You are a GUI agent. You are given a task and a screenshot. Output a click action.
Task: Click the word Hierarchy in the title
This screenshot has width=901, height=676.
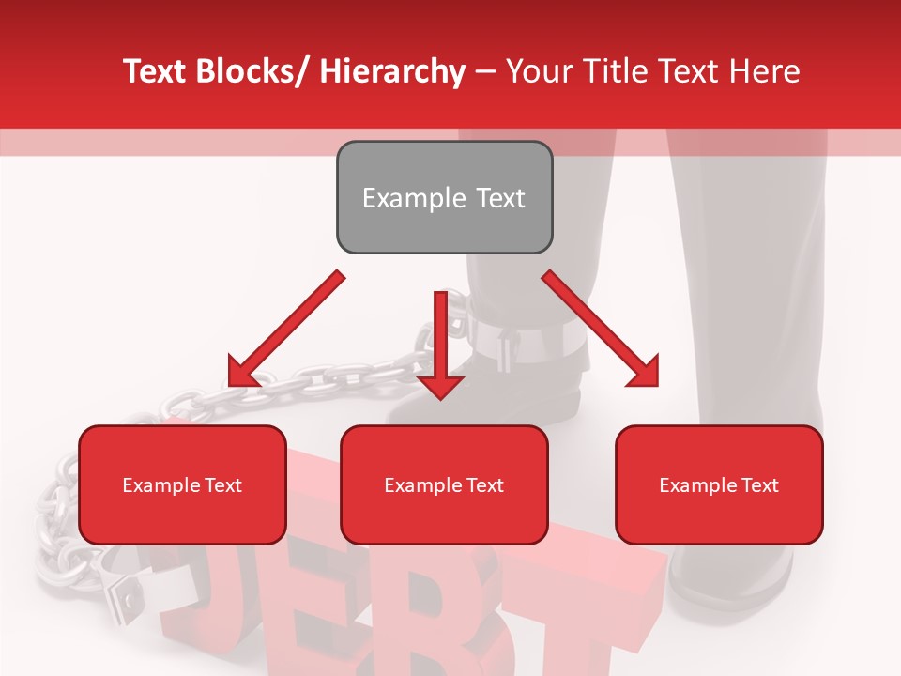point(392,71)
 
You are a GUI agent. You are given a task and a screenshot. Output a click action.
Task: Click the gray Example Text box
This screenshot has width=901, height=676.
point(444,198)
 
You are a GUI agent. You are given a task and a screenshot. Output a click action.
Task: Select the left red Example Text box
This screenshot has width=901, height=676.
point(182,485)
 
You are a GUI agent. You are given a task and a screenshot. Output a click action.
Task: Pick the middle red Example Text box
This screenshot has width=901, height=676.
point(444,485)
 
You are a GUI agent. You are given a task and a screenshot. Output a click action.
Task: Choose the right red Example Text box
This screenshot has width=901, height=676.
point(719,485)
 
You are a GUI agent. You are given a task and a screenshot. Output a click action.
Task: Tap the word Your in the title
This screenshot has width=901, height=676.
point(536,71)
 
